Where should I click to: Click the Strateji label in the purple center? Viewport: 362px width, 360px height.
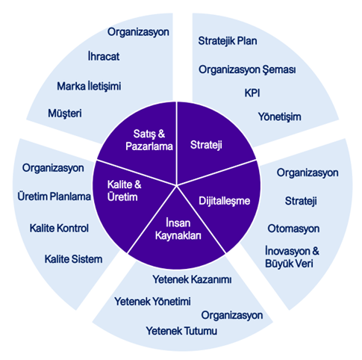tap(206, 145)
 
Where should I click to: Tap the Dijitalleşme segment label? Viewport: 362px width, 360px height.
tap(225, 201)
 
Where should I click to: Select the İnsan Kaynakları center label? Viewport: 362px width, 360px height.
tap(178, 229)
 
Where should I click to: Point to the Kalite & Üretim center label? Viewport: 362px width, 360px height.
tap(124, 190)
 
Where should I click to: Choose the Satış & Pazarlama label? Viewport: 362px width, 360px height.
tap(149, 140)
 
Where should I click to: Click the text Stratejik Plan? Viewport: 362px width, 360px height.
tap(228, 41)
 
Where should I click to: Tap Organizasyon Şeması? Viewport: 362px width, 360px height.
tap(247, 69)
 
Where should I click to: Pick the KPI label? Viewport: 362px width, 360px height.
tap(252, 93)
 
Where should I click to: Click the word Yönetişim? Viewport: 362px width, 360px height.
tap(279, 117)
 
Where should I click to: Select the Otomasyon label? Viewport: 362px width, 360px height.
tap(293, 229)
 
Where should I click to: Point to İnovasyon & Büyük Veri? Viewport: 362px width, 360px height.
tap(292, 258)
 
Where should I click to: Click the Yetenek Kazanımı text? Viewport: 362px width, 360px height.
tap(192, 279)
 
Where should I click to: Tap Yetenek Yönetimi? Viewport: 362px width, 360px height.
tap(152, 302)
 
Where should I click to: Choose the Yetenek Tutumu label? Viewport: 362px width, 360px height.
tap(181, 331)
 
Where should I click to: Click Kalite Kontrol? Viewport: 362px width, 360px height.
tap(59, 229)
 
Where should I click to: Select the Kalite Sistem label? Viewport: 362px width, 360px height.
tap(73, 259)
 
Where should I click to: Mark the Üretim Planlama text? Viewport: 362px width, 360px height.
tap(54, 196)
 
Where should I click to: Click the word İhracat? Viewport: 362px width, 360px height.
tap(104, 56)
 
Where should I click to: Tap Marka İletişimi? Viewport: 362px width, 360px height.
tap(89, 87)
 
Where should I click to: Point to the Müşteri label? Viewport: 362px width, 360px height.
tap(65, 114)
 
